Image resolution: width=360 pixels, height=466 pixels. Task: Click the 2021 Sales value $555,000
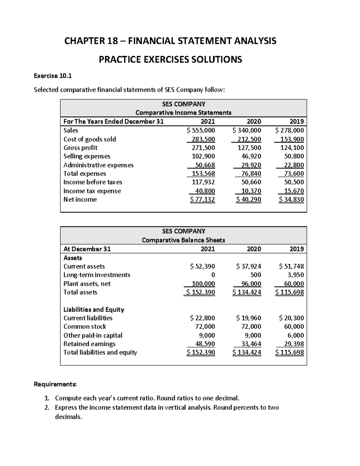click(x=201, y=131)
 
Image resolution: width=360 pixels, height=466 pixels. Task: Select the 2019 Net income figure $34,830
click(x=291, y=200)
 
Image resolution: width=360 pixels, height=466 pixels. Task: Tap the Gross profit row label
click(x=80, y=148)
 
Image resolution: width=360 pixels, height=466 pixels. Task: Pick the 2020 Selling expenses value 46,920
click(x=251, y=156)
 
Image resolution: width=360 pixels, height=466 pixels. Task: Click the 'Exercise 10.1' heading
click(x=53, y=76)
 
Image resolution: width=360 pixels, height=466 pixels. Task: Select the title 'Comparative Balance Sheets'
click(x=183, y=240)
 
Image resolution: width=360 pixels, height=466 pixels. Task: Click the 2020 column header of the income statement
click(x=254, y=122)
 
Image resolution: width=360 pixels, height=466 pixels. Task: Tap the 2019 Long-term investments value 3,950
click(x=295, y=275)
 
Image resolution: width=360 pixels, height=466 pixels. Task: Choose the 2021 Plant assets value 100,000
click(x=203, y=284)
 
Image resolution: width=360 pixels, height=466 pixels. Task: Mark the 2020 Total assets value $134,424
click(x=247, y=292)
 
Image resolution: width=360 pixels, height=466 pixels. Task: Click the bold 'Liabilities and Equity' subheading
click(x=94, y=310)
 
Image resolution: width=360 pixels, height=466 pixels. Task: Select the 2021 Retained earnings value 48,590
click(x=205, y=344)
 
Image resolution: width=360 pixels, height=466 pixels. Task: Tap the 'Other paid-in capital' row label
click(x=93, y=335)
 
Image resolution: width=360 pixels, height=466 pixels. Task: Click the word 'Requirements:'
click(x=55, y=384)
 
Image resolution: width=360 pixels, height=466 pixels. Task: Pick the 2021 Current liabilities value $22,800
click(x=202, y=318)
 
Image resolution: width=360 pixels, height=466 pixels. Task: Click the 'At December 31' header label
click(x=87, y=249)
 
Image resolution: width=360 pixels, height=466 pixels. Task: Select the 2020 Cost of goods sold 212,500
click(x=249, y=139)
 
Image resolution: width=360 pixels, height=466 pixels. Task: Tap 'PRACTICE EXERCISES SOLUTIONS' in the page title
click(x=170, y=60)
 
